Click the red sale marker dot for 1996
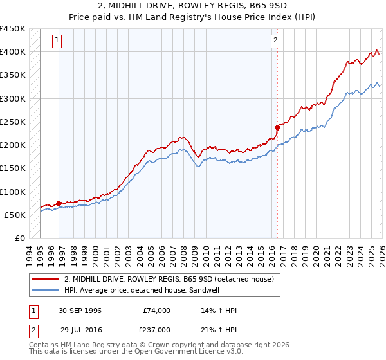tap(59, 203)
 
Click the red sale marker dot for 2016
tap(277, 127)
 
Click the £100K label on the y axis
tap(13, 192)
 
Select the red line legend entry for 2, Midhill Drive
tap(169, 279)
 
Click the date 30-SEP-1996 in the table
tap(80, 310)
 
